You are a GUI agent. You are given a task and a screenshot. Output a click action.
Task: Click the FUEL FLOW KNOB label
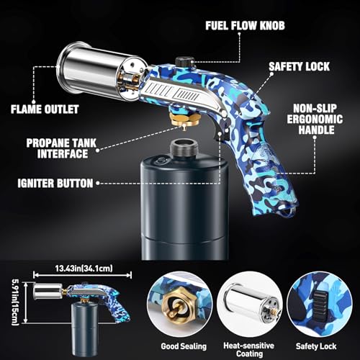[245, 26]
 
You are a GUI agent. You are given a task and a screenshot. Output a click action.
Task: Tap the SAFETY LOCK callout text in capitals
[299, 66]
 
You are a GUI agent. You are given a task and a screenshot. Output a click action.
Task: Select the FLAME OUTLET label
[45, 109]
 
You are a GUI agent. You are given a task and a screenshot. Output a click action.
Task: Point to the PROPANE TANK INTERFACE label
[61, 148]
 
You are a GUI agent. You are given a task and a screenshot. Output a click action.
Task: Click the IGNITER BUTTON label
[55, 184]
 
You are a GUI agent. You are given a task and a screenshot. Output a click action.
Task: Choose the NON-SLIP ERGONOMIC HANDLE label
[315, 120]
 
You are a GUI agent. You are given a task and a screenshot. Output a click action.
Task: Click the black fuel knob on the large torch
[184, 61]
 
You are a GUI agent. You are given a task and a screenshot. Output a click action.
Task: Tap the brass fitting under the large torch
[185, 120]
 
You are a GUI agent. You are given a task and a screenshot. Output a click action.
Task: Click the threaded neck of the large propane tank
[184, 148]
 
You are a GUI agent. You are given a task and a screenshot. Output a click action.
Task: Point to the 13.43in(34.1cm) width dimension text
[84, 269]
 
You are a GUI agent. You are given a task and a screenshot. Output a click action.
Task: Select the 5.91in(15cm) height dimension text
[15, 302]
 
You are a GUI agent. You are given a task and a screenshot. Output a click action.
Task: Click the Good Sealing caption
[184, 346]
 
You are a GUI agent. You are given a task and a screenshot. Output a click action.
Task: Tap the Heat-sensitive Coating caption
[249, 349]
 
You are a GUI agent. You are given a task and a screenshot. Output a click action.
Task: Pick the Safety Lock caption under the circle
[316, 346]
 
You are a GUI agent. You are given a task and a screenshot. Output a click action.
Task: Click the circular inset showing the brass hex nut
[179, 304]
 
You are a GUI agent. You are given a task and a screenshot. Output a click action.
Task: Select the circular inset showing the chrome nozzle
[250, 304]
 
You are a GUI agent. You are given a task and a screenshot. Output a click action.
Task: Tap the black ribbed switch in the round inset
[320, 305]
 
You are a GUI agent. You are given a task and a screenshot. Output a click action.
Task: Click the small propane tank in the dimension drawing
[84, 329]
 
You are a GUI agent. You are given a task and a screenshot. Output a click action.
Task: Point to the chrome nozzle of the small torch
[48, 291]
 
